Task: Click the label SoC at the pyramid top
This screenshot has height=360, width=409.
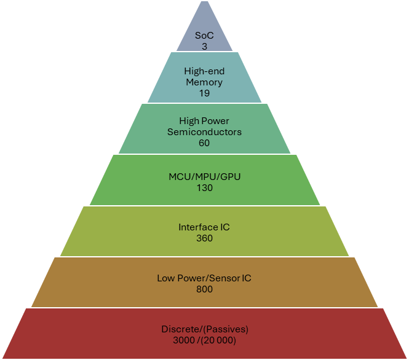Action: click(204, 36)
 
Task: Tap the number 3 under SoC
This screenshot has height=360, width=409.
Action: click(204, 46)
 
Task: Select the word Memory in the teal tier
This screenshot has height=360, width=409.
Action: click(204, 82)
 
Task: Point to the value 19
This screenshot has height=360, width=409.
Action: click(204, 93)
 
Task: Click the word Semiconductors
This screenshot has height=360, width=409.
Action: click(204, 131)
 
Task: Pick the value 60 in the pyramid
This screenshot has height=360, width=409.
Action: click(204, 143)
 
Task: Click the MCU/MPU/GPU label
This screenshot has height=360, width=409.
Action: click(204, 176)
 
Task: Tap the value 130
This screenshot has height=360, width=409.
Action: click(204, 188)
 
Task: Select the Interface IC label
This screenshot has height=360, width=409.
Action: click(204, 227)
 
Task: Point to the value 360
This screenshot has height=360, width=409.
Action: click(204, 238)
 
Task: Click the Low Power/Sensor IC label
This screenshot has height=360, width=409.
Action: click(204, 278)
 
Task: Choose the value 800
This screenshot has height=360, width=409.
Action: click(204, 289)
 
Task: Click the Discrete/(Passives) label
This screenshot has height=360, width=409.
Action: click(204, 329)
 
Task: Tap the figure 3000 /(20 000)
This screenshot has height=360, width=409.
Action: click(204, 340)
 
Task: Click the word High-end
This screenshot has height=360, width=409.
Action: click(204, 71)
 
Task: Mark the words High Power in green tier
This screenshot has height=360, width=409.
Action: click(204, 120)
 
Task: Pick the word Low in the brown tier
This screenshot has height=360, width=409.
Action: click(164, 278)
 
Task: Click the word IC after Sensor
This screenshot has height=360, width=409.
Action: click(246, 278)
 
